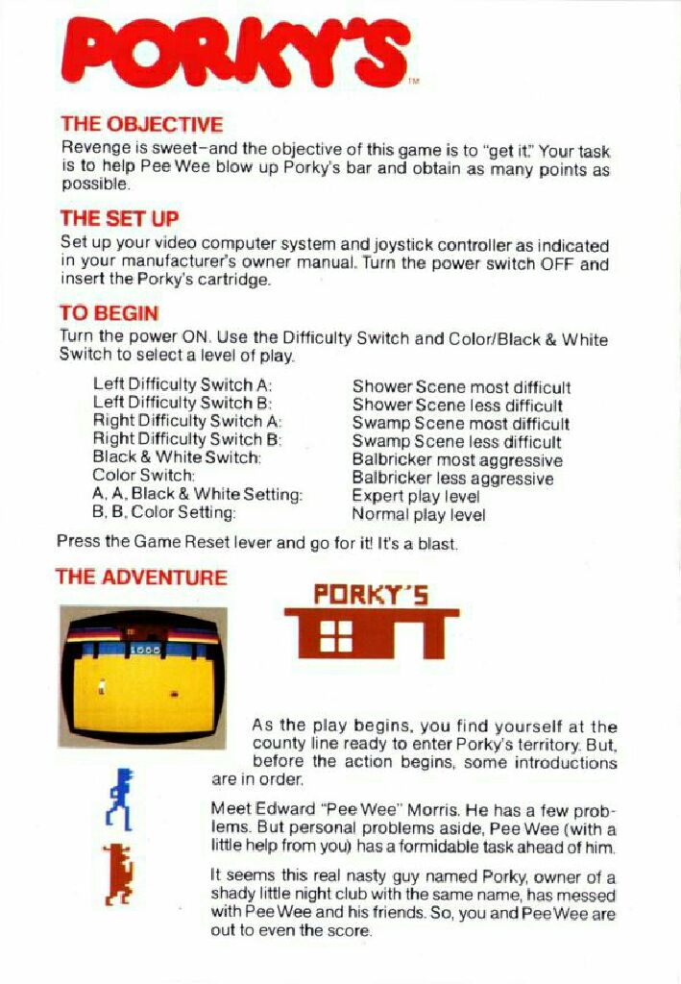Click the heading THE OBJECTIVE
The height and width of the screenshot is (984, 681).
coord(141,124)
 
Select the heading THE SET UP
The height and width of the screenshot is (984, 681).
coord(119,218)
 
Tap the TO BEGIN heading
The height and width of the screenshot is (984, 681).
coord(109,312)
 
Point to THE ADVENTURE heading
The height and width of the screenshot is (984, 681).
coord(142,577)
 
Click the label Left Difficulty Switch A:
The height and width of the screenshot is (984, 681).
coord(182,383)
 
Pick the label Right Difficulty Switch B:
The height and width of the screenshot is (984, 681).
coord(187,438)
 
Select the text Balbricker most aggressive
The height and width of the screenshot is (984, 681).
coord(457,460)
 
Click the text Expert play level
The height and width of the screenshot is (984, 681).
coord(416,496)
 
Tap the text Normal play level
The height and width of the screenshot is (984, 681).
coord(419,514)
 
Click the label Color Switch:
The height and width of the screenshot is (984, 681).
coord(144,475)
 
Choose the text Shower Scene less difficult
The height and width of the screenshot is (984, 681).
coord(457,406)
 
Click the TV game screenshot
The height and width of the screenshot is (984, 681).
coord(143,676)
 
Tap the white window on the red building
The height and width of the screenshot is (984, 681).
coord(336,635)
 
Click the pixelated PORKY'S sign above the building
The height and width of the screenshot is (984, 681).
coord(371,596)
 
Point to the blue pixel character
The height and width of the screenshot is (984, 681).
coord(121,799)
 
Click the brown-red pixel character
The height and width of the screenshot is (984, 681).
coord(118,873)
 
